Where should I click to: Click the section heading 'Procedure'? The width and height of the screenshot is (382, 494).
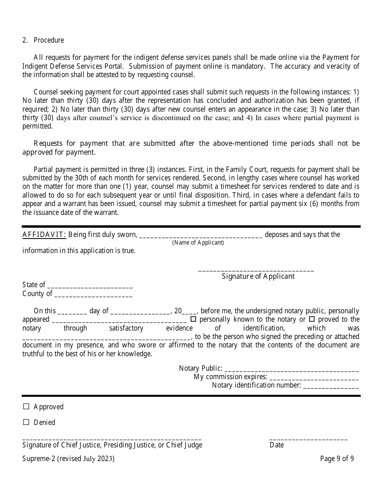49,40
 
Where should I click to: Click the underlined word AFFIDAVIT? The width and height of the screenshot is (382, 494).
44,235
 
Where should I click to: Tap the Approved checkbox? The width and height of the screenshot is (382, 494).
27,406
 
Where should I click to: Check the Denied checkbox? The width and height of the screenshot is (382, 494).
27,422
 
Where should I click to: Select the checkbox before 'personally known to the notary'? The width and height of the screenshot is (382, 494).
193,319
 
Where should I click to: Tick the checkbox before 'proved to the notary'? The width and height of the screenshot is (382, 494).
312,319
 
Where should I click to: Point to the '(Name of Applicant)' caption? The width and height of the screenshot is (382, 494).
198,243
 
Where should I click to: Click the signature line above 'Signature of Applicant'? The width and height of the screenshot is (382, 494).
256,270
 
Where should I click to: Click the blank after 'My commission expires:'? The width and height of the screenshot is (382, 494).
314,379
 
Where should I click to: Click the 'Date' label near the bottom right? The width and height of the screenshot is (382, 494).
277,445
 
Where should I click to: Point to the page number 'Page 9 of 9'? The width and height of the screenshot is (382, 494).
337,459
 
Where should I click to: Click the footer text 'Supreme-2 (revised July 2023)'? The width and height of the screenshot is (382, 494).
68,459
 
